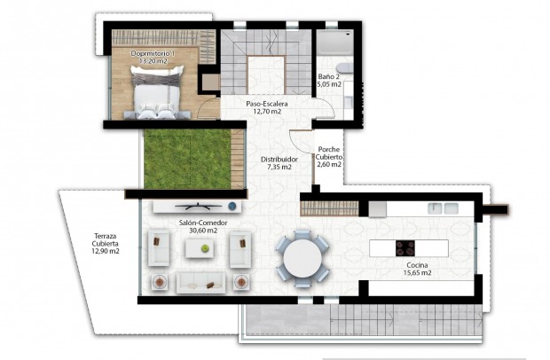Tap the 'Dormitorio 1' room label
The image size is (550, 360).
click(x=153, y=54)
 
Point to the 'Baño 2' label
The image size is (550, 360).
click(x=330, y=77)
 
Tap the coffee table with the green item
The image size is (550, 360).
click(x=200, y=250)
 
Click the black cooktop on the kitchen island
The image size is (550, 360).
click(x=406, y=249)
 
